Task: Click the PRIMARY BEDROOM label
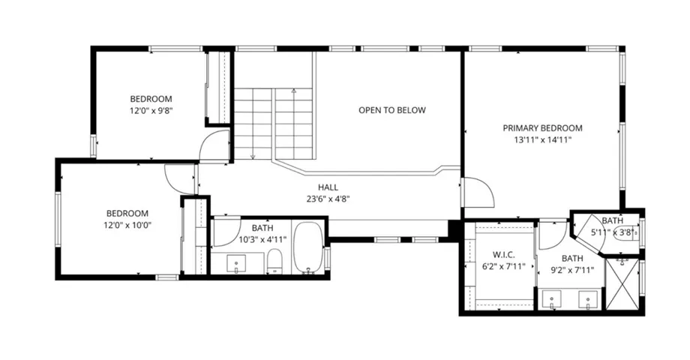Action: pyautogui.click(x=542, y=128)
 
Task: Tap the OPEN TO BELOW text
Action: pyautogui.click(x=391, y=110)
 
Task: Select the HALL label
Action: pyautogui.click(x=328, y=187)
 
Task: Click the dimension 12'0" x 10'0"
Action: pyautogui.click(x=127, y=225)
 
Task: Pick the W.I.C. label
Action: pyautogui.click(x=502, y=253)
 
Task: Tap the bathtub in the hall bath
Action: pyautogui.click(x=307, y=247)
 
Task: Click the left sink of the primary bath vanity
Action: pyautogui.click(x=553, y=300)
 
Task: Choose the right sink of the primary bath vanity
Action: pyautogui.click(x=589, y=300)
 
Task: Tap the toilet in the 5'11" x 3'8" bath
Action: pyautogui.click(x=629, y=232)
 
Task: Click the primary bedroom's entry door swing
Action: pyautogui.click(x=477, y=192)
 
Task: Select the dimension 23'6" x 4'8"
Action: pyautogui.click(x=328, y=199)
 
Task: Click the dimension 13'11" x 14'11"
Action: pyautogui.click(x=542, y=140)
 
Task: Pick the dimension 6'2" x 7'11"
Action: pyautogui.click(x=502, y=265)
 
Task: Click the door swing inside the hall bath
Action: pyautogui.click(x=226, y=234)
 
